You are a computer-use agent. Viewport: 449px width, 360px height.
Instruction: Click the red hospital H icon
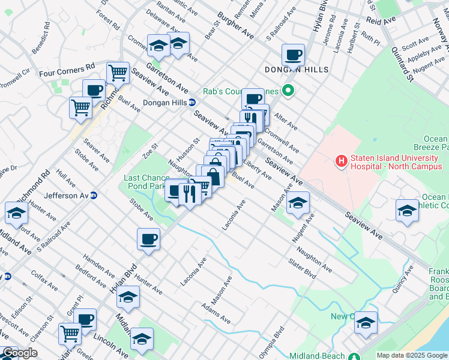coord(341,161)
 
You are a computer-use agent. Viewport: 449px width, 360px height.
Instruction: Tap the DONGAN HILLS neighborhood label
coord(297,70)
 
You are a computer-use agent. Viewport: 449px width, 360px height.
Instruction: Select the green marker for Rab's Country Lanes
coord(288,91)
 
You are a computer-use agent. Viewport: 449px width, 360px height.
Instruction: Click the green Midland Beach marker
coord(355,356)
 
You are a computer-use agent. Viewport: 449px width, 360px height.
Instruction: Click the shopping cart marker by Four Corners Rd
coord(118,73)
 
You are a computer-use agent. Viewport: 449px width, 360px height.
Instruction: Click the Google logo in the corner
coord(20,353)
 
